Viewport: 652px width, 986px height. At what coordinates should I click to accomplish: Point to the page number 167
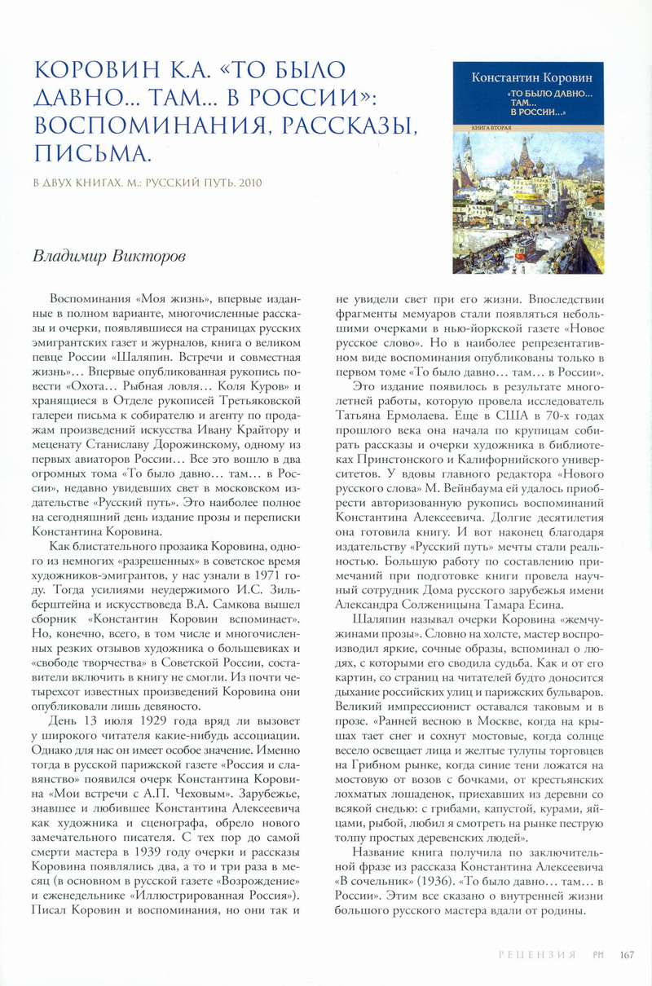pyautogui.click(x=626, y=955)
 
